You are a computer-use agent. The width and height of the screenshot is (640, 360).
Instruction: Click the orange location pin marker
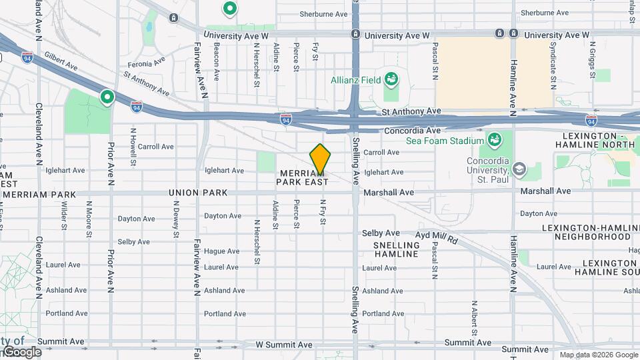click(x=320, y=159)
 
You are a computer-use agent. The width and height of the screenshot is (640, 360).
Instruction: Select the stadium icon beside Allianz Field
click(x=391, y=80)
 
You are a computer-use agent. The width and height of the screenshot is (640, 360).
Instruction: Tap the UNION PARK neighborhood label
click(x=198, y=193)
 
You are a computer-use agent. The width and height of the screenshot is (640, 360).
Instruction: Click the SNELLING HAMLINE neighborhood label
click(x=396, y=249)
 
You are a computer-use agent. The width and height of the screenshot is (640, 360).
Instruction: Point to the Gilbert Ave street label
click(x=61, y=63)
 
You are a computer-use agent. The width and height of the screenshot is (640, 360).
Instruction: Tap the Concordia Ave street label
click(x=412, y=131)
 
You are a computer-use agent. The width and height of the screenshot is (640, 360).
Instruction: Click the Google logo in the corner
click(x=21, y=352)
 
